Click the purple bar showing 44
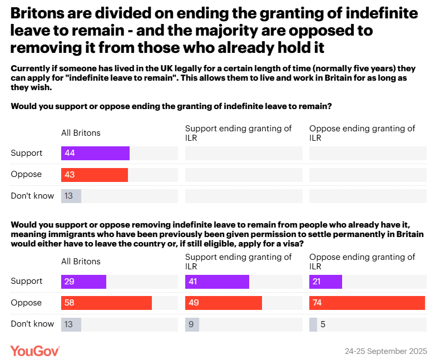click(95, 153)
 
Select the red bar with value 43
click(95, 175)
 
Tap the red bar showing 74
click(367, 303)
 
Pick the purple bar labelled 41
click(217, 282)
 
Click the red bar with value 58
click(106, 303)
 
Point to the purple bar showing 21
click(325, 282)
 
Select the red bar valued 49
click(224, 303)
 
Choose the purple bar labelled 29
click(83, 282)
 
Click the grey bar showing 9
click(192, 324)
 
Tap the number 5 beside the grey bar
click(323, 324)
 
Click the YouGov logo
click(35, 351)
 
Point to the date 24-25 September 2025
click(385, 351)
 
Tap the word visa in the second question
click(293, 244)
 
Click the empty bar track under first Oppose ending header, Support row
click(368, 153)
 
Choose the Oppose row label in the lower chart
click(26, 303)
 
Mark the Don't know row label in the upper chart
click(32, 196)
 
